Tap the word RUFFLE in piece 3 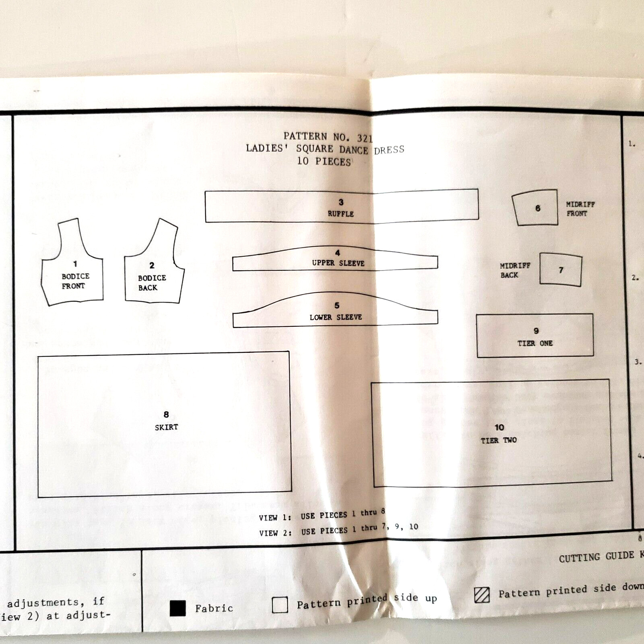(341, 214)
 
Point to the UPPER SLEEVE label (338, 263)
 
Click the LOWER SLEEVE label (336, 318)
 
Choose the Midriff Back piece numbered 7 (561, 270)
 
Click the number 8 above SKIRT (166, 415)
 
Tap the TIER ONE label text (535, 343)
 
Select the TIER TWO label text (499, 440)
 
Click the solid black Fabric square (178, 608)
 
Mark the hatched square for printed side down (482, 595)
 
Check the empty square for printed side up (280, 605)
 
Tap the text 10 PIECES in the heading (324, 161)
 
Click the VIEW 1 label (275, 518)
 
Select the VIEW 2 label (275, 533)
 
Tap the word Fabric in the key (214, 608)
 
